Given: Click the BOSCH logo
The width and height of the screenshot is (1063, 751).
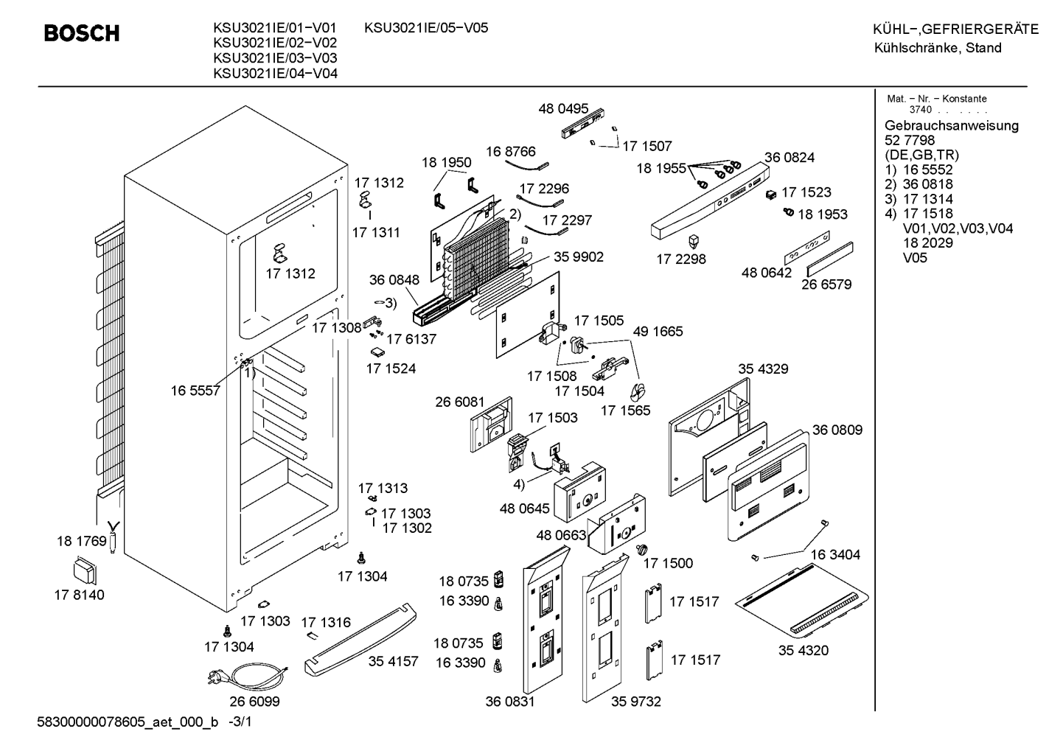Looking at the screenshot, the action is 82,34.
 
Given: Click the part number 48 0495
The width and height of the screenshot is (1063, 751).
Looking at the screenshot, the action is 563,108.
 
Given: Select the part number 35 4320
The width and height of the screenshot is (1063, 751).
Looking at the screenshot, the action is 804,650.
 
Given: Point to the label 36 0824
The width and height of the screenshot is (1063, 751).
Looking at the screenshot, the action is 790,158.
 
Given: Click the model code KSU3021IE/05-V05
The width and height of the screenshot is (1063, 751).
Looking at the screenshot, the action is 426,28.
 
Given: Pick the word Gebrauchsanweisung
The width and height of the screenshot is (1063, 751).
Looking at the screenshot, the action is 952,126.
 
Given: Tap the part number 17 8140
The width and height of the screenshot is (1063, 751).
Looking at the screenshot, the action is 80,595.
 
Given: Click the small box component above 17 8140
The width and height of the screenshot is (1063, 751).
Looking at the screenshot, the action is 85,572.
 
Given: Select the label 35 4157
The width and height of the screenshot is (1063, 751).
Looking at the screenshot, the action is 394,661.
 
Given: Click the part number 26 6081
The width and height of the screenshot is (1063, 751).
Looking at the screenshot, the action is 460,402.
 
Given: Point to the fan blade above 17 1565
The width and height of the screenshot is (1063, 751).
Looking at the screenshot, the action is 638,392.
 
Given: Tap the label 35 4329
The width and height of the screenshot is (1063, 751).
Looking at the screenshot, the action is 763,369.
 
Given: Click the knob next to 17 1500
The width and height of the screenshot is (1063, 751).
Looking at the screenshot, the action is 641,549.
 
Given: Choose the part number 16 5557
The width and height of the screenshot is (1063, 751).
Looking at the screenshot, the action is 195,391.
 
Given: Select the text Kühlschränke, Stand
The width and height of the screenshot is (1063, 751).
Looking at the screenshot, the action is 938,48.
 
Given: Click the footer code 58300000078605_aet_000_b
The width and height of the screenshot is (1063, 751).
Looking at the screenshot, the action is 128,722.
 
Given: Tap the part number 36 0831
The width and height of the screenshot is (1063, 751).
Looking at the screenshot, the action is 510,702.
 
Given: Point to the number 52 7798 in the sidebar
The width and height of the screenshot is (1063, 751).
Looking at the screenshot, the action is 910,141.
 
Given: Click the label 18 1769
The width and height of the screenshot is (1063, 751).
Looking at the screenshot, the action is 82,541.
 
